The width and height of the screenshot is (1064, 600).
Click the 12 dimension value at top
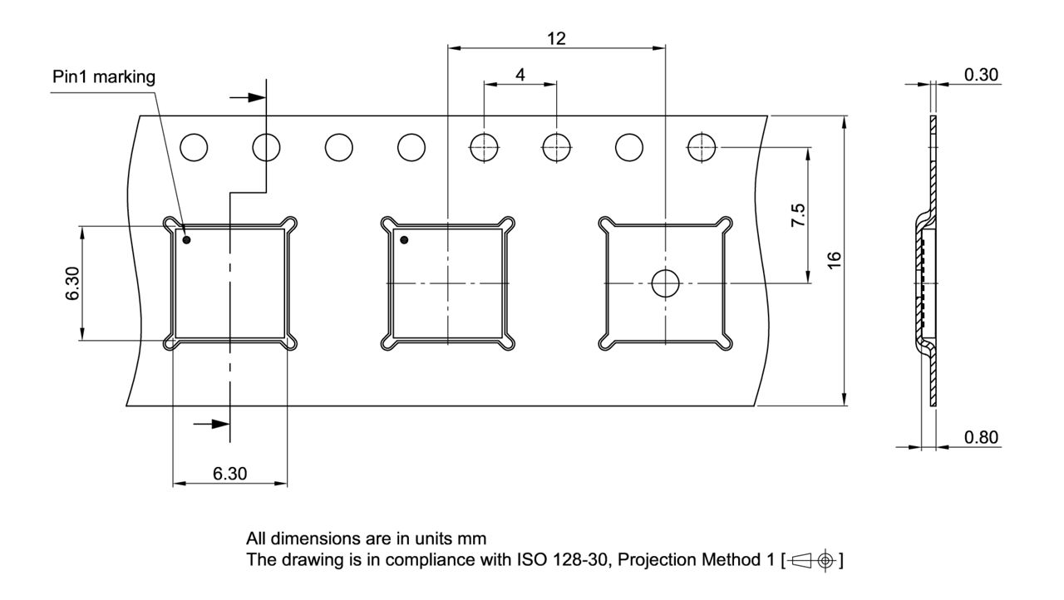pos(556,38)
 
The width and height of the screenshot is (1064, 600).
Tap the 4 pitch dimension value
pos(520,75)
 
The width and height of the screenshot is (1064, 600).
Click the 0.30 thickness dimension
pos(981,75)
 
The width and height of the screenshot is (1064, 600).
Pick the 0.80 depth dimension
pos(981,437)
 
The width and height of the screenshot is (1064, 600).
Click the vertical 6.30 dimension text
pos(73,284)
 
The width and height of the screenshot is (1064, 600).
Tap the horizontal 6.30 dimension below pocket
pos(229,474)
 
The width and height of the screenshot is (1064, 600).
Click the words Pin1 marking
pos(104,77)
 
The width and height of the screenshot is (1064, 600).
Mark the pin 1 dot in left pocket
pos(187,240)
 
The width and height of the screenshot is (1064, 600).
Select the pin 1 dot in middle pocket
pos(405,240)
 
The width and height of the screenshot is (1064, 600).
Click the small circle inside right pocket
pos(665,283)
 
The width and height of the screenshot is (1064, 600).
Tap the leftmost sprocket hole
pos(194,147)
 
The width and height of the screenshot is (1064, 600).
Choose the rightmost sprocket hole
pos(702,147)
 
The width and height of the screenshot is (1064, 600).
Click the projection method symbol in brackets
pos(812,560)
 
